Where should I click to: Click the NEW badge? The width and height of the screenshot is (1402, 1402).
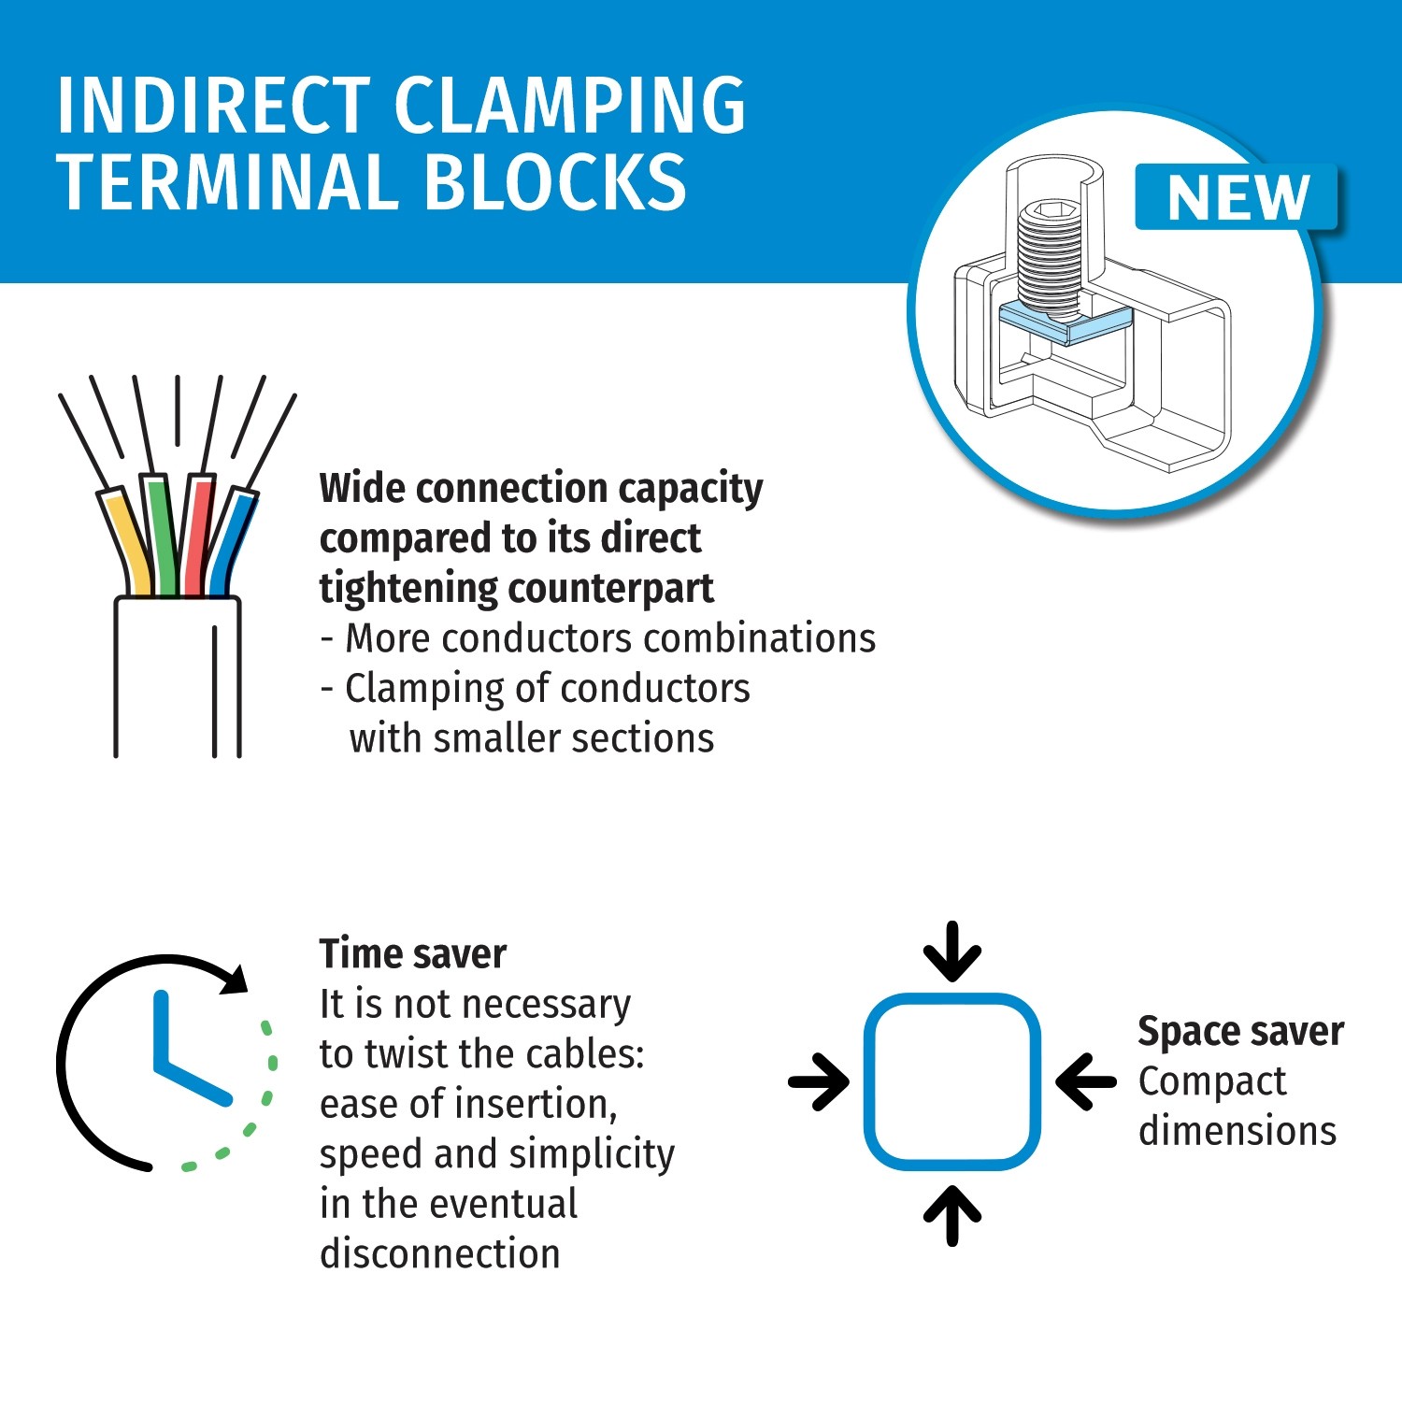[x=1236, y=197]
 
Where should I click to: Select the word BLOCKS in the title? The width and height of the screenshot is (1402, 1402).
[x=555, y=182]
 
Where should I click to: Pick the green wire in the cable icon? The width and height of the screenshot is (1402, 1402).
[x=162, y=536]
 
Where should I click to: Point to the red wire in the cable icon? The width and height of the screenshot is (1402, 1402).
[x=198, y=536]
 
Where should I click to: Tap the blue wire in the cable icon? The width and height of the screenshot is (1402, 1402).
[x=230, y=543]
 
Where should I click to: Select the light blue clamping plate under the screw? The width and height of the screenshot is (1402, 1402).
[x=1066, y=323]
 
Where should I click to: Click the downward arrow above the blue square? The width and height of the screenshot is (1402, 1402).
[x=952, y=951]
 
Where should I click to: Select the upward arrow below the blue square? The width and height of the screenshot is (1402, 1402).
[x=952, y=1215]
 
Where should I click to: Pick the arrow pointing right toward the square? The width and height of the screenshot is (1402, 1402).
[x=819, y=1082]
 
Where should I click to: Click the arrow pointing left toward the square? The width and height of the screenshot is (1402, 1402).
[x=1086, y=1082]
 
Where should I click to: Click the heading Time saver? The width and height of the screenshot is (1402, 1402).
[x=413, y=954]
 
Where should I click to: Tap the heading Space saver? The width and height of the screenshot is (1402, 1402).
[x=1241, y=1032]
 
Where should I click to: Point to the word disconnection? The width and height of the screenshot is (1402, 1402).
[x=440, y=1254]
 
